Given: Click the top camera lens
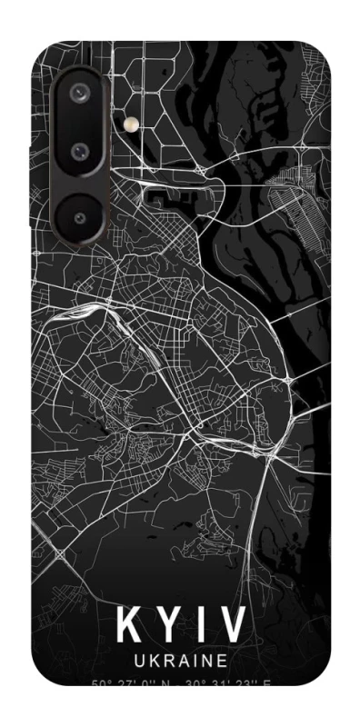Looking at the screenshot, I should coord(80,92).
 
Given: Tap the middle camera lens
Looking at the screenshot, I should coord(80,148).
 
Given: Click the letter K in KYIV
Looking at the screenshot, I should coord(130,626).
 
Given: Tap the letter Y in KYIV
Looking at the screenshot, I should coord(169,626).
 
